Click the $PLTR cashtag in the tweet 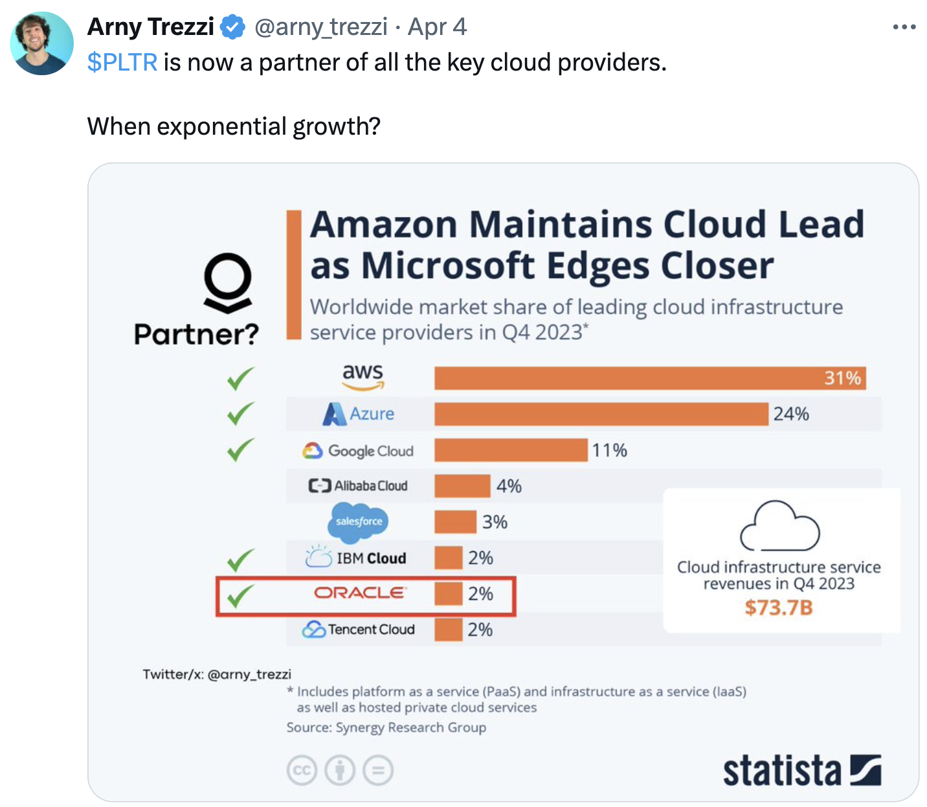(122, 62)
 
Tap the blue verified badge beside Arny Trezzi (232, 27)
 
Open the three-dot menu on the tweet (904, 27)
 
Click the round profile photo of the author (42, 43)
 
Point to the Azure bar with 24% (601, 414)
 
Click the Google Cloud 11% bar (511, 450)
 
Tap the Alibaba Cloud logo (358, 486)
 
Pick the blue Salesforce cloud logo (358, 521)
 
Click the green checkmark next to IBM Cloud (240, 560)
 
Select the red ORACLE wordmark (359, 593)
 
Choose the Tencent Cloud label (359, 630)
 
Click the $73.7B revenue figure (778, 608)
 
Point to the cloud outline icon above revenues (779, 525)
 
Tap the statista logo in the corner (801, 771)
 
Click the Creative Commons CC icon (302, 771)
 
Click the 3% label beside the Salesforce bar (495, 522)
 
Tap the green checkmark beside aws (240, 379)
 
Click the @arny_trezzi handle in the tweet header (321, 27)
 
